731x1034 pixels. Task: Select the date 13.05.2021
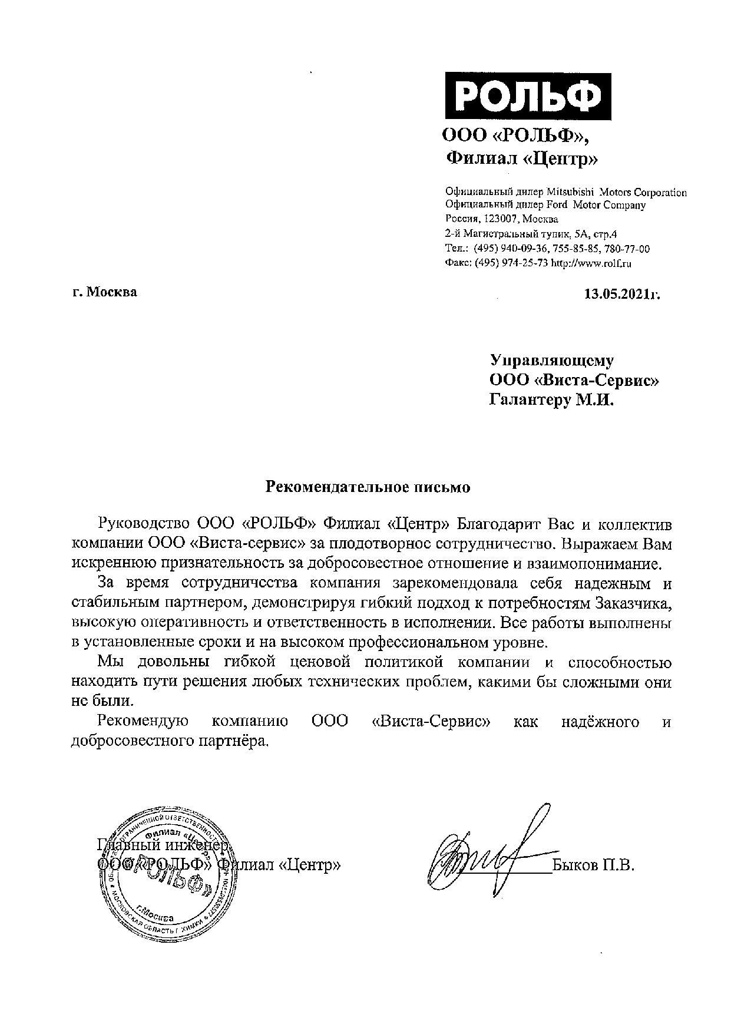pos(621,293)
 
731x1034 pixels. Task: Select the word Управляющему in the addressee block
pos(553,361)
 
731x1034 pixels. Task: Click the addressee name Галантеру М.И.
pos(552,401)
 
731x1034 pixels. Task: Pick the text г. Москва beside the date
pos(104,292)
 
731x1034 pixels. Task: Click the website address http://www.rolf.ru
pos(591,264)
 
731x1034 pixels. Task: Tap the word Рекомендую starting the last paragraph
pos(142,722)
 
